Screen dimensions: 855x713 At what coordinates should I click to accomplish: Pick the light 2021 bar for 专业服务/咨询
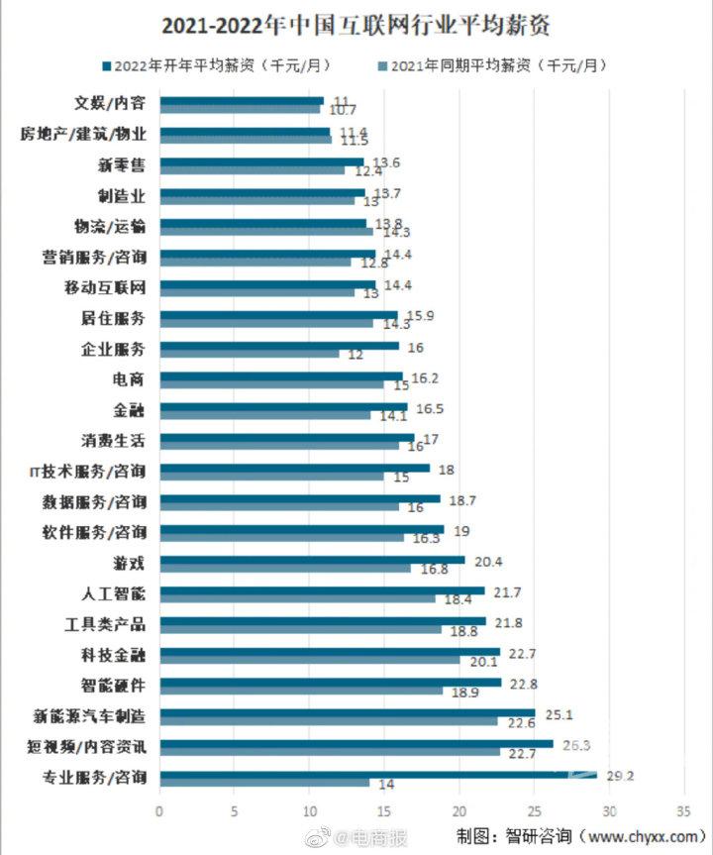264,783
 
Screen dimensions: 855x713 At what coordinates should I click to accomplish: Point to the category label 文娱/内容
111,102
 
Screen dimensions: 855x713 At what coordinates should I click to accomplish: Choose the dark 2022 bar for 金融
283,405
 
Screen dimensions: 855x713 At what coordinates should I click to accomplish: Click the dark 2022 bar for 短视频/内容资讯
356,743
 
